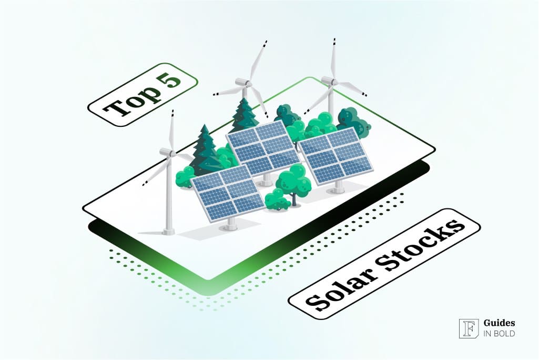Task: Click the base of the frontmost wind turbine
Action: [168, 231]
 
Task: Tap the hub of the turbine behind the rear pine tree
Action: [243, 83]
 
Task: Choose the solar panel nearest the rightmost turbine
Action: [335, 155]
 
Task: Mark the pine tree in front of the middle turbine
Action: [244, 116]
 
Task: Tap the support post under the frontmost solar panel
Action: [230, 224]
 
